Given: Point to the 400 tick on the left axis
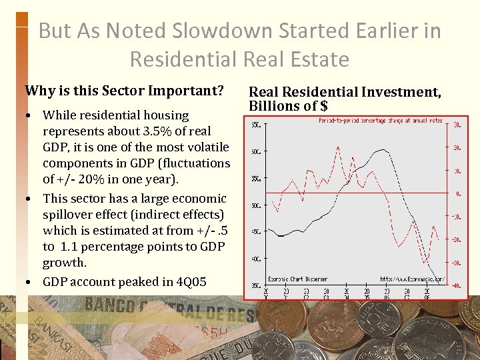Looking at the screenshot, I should click(x=255, y=259).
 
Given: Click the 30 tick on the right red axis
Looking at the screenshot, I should click(x=457, y=125).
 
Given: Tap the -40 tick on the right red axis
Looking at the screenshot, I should click(x=457, y=286).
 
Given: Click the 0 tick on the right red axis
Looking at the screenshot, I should click(x=458, y=194).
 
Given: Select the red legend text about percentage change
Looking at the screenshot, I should click(x=381, y=121).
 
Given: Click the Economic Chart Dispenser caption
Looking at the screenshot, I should click(x=297, y=279).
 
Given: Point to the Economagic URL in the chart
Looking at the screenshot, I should click(x=411, y=279).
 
